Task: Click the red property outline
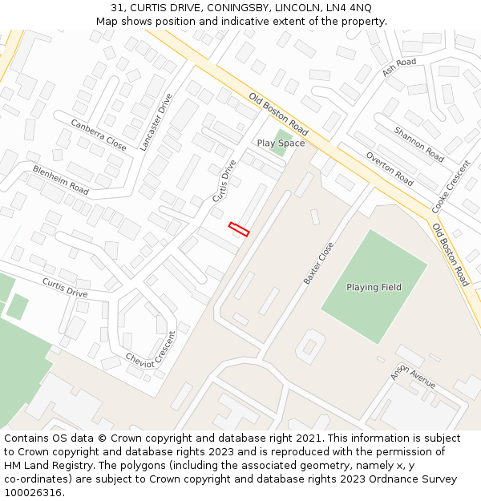tap(239, 229)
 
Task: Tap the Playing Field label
tap(374, 287)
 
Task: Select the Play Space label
tap(281, 143)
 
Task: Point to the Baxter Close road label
tap(318, 264)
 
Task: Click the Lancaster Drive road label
tap(156, 122)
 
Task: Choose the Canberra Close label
tap(99, 135)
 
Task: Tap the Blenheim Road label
tap(61, 180)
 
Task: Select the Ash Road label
tap(399, 67)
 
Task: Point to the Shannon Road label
tap(418, 143)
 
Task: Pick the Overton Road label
tap(389, 169)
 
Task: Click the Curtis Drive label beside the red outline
tap(224, 180)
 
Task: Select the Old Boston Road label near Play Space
tap(278, 114)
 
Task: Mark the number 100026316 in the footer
tap(34, 492)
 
